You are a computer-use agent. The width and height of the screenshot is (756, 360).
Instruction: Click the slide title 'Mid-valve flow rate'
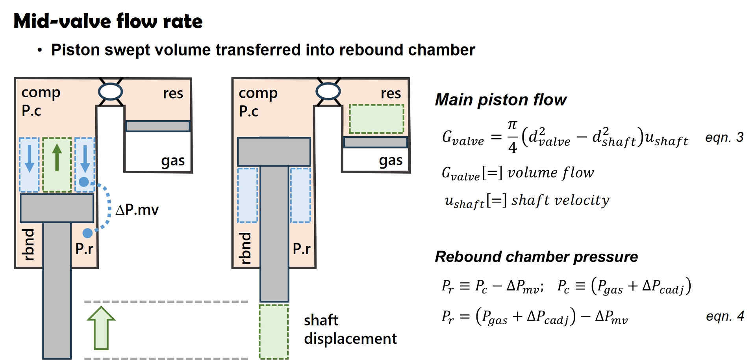point(108,21)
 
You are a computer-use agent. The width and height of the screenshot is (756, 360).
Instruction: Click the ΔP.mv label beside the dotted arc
point(137,210)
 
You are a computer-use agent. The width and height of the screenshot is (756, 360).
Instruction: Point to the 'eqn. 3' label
point(724,137)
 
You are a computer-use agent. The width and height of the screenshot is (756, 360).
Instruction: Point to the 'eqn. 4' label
point(724,316)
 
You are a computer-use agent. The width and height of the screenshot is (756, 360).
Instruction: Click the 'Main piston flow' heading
point(500,100)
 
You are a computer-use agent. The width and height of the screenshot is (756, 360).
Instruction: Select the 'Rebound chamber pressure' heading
point(536,257)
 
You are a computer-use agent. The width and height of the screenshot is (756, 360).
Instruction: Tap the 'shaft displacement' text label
point(350,329)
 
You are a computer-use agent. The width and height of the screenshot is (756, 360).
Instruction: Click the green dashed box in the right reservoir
point(376,119)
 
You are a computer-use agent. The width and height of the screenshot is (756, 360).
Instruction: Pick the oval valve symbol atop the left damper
point(110,91)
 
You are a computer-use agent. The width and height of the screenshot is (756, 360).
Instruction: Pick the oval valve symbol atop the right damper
point(328,91)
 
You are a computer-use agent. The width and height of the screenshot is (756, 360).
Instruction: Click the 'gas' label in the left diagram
point(173,161)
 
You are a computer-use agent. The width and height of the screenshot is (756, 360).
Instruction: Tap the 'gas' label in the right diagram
point(391,161)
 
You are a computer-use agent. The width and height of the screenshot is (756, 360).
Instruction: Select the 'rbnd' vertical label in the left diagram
point(28,244)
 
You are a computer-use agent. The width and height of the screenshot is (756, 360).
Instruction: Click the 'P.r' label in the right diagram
point(302,249)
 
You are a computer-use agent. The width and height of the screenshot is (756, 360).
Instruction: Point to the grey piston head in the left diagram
point(57,208)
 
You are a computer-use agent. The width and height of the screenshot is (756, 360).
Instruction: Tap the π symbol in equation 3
point(512,125)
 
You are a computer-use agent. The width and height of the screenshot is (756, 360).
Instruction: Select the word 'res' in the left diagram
point(173,94)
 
